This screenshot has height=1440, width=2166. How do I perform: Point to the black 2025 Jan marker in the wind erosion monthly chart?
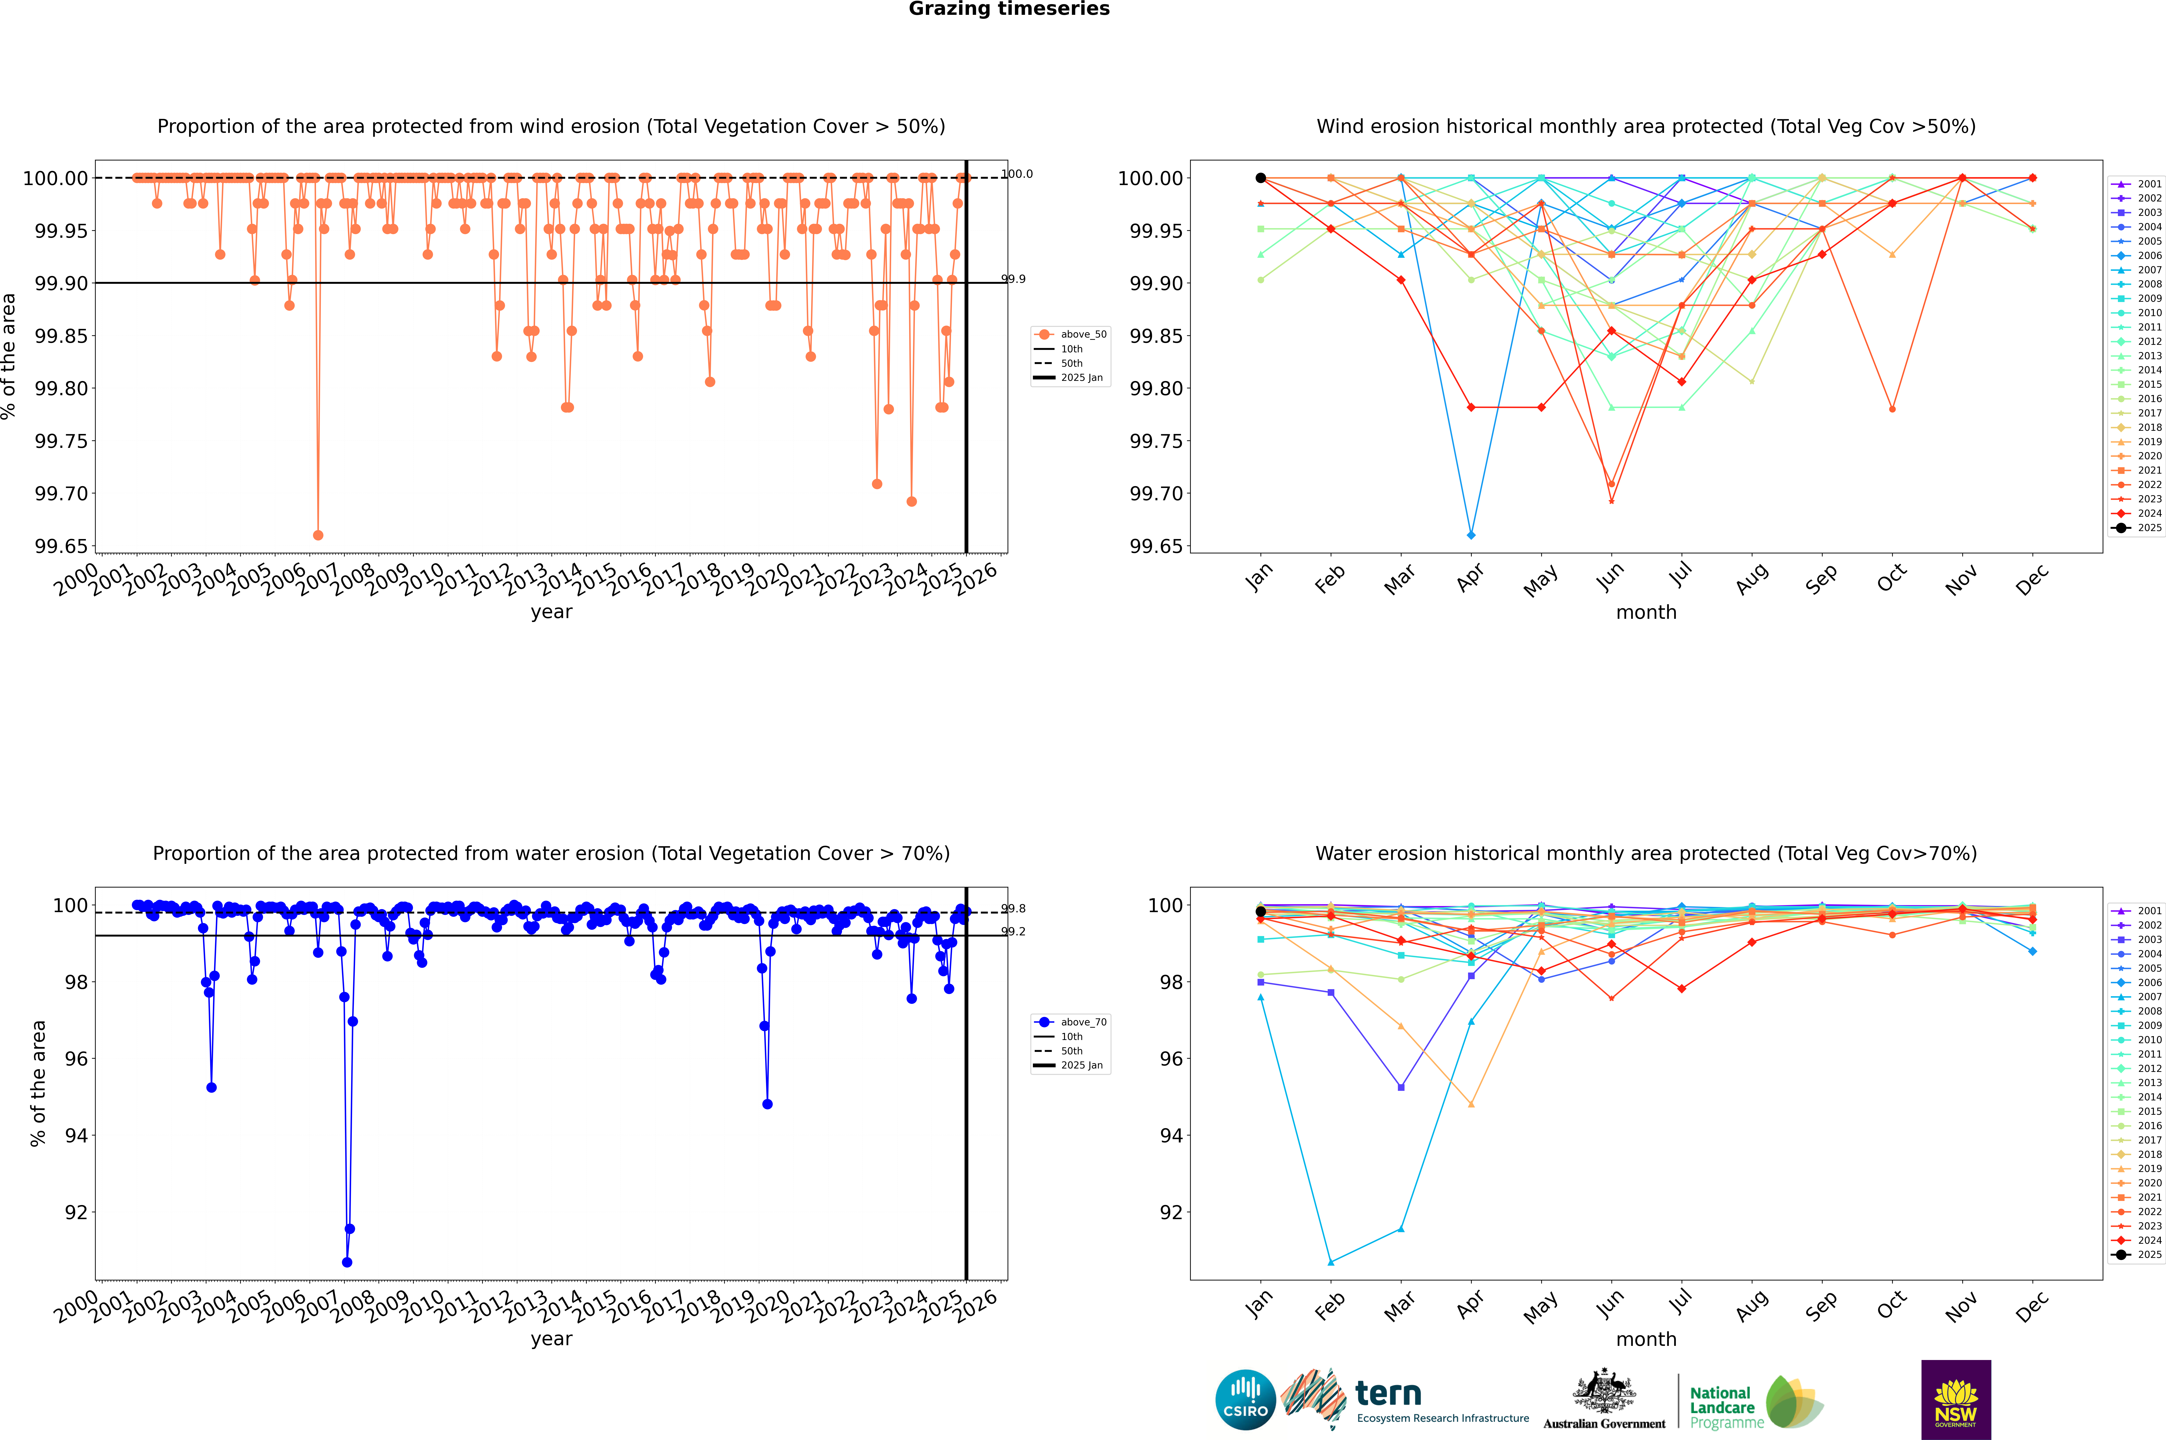click(1261, 178)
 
